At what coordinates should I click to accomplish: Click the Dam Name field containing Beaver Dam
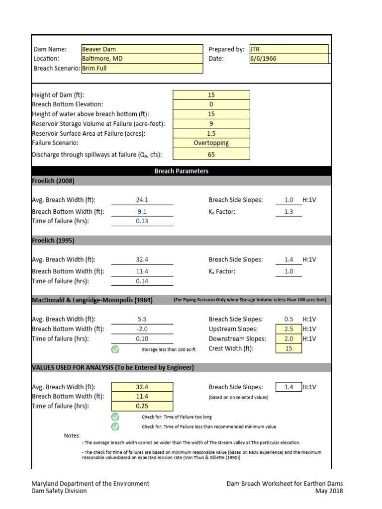click(x=142, y=49)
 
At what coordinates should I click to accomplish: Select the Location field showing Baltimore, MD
click(x=142, y=59)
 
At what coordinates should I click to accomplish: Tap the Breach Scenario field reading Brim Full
click(x=142, y=69)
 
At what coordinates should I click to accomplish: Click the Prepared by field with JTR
click(x=288, y=49)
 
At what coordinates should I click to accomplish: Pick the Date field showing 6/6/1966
click(x=288, y=59)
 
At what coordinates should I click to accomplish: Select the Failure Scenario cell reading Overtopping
click(x=211, y=143)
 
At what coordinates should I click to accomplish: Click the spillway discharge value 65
click(x=211, y=155)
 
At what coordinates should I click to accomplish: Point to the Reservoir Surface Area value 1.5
click(x=211, y=133)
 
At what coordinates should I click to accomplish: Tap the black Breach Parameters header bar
click(x=181, y=171)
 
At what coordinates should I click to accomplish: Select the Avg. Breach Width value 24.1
click(x=142, y=200)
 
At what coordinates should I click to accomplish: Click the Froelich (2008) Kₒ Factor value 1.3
click(x=288, y=212)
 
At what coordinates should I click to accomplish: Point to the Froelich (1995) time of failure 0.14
click(x=142, y=281)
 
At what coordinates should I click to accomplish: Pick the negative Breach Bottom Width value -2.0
click(x=142, y=329)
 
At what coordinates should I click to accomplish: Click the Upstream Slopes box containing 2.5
click(x=288, y=329)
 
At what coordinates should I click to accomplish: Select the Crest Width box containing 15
click(x=288, y=348)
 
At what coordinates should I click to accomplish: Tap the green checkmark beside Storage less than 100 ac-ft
click(x=115, y=349)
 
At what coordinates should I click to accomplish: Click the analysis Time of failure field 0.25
click(x=142, y=406)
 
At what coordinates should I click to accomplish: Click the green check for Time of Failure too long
click(x=115, y=417)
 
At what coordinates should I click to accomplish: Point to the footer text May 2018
click(x=329, y=491)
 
